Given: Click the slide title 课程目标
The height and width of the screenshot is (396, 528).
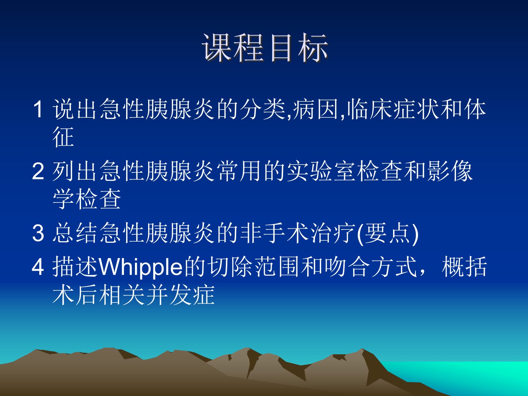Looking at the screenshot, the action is (265, 48).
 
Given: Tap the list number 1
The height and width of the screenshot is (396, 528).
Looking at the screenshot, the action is (38, 110).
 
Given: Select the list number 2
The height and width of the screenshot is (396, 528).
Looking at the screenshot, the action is (38, 171).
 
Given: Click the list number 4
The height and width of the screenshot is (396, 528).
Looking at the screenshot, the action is (38, 267).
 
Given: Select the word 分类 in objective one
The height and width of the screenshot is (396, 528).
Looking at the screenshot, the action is (263, 109).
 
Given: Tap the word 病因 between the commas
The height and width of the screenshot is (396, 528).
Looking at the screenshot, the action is (316, 109).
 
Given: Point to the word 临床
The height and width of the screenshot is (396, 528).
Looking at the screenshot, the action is (370, 109).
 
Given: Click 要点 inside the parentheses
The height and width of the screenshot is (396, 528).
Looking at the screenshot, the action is (388, 233).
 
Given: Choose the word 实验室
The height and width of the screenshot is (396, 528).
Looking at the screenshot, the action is (320, 171).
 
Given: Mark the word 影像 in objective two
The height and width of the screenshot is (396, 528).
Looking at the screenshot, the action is (450, 171).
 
